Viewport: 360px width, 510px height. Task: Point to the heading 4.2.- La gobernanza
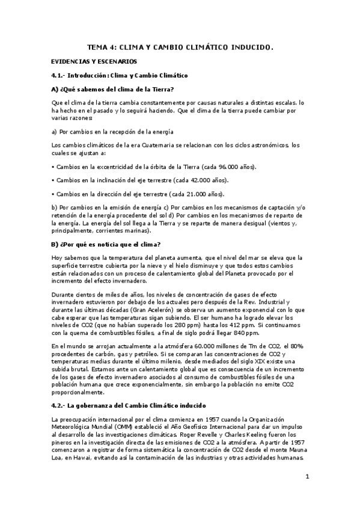[129, 388]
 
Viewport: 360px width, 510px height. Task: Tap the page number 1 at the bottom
[307, 478]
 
